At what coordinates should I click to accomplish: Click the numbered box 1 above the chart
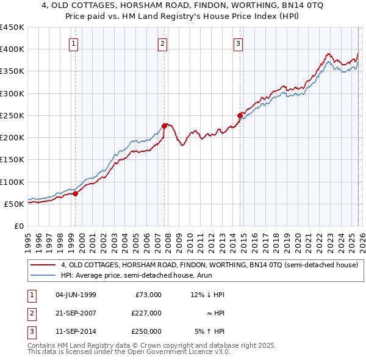pos(73,43)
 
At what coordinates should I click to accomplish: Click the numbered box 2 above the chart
pos(163,43)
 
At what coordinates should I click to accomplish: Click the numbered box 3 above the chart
pos(237,43)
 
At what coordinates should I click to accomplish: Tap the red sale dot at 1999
pos(76,194)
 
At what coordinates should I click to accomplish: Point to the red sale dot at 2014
pos(240,115)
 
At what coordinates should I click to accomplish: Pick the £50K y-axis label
pos(15,204)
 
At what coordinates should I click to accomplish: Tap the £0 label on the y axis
pos(19,226)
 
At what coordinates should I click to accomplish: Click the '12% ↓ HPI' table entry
pos(207,295)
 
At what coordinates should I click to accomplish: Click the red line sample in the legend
pos(43,265)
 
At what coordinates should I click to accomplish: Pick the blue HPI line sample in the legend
pos(43,276)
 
